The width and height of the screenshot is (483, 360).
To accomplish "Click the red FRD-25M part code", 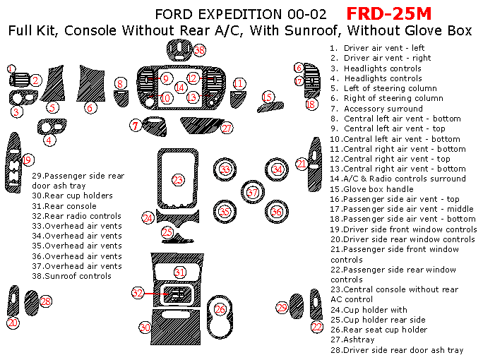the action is (x=389, y=14).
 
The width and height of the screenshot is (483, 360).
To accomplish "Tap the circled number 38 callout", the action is (x=200, y=50).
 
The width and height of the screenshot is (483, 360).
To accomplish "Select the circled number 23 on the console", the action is (x=178, y=180).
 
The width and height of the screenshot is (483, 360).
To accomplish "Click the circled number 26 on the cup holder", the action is (x=220, y=309).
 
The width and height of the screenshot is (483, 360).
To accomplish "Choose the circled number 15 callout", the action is (x=268, y=97).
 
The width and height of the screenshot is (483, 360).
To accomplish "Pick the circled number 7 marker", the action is (x=136, y=126).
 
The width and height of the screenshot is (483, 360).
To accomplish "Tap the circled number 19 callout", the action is (x=28, y=160).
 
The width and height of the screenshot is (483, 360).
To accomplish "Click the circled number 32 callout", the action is (x=138, y=292).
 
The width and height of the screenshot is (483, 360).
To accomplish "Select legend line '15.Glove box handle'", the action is (x=371, y=189).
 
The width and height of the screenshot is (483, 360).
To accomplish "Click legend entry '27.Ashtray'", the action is (x=352, y=340).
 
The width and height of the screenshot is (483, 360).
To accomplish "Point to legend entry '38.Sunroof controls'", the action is (x=71, y=276).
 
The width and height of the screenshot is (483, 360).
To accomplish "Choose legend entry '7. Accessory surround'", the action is (x=376, y=109).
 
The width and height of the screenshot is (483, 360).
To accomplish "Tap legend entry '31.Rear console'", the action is (x=64, y=206).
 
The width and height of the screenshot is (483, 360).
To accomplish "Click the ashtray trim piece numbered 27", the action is (x=202, y=126).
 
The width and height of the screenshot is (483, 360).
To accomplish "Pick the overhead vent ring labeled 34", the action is (x=277, y=169).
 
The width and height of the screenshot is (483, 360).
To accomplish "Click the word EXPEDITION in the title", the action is (x=239, y=15).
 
